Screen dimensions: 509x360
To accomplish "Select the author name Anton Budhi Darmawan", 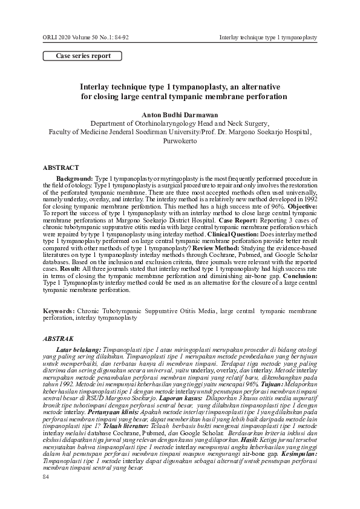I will point(180,113).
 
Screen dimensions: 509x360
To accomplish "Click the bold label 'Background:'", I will point(75,180).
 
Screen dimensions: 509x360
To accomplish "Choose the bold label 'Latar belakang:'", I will point(79,349).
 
